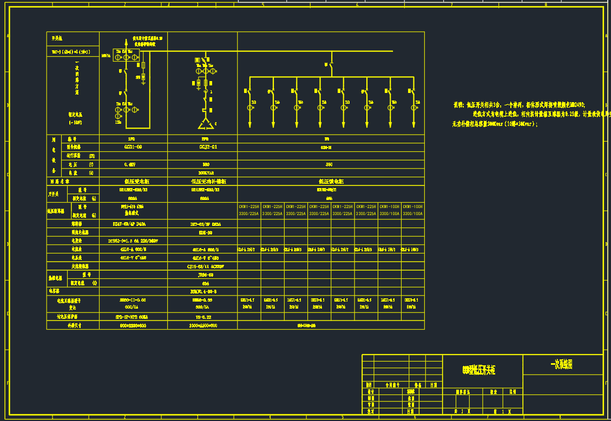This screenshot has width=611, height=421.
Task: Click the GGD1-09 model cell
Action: pyautogui.click(x=133, y=146)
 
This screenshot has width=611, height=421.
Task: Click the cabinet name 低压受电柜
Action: pyautogui.click(x=133, y=182)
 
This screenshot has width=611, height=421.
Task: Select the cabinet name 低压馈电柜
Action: pyautogui.click(x=331, y=182)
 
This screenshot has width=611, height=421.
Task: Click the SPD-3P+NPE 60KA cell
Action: pyautogui.click(x=133, y=317)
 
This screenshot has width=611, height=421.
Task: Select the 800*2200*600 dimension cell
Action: pyautogui.click(x=133, y=325)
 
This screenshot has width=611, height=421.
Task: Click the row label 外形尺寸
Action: pyautogui.click(x=73, y=325)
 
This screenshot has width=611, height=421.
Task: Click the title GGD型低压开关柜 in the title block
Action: pyautogui.click(x=478, y=370)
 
